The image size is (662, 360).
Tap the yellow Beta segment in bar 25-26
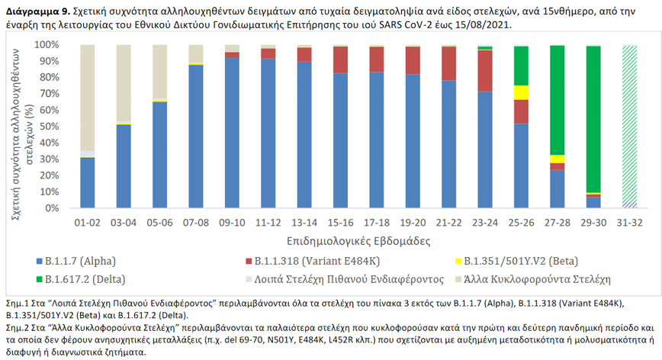tap(521, 92)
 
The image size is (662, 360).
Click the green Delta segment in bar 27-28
tap(557, 99)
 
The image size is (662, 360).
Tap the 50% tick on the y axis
tap(57, 127)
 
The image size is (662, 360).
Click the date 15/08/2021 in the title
tap(483, 24)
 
